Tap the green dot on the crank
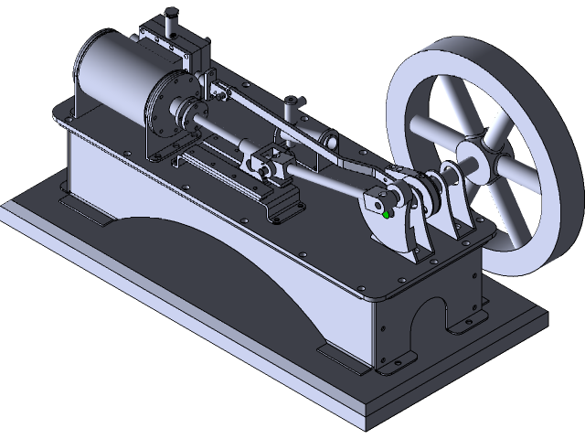[388, 214]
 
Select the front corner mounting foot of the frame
[393, 364]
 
